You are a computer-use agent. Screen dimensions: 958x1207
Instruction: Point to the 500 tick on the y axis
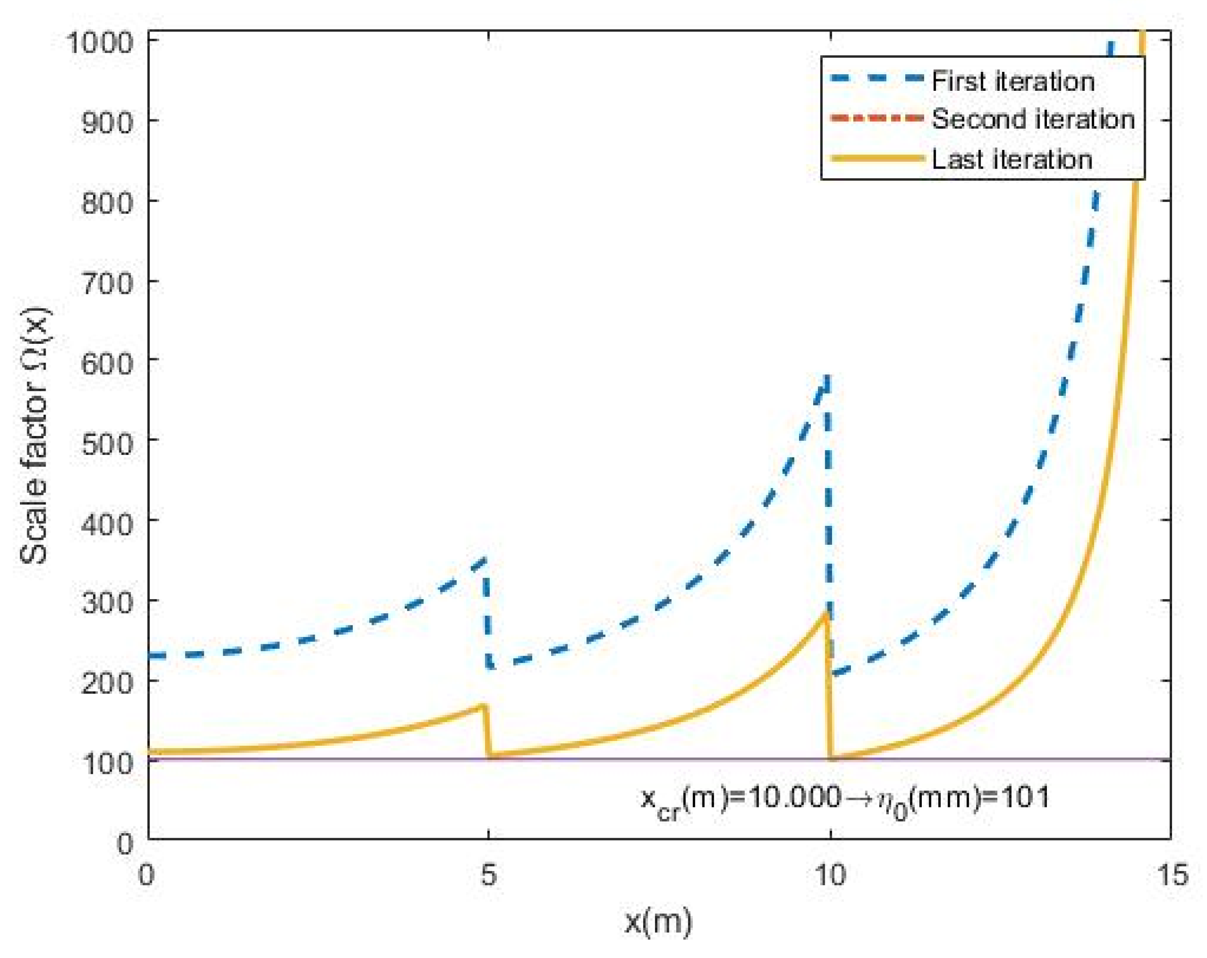(108, 444)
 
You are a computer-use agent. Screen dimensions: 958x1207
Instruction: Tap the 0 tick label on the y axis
(125, 843)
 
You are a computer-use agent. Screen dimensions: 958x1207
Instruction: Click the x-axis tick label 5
(489, 874)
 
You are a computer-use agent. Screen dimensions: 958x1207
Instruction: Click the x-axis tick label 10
(829, 874)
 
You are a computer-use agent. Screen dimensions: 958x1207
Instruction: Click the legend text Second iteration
(1033, 120)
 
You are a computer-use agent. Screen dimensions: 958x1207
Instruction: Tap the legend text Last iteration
(1011, 160)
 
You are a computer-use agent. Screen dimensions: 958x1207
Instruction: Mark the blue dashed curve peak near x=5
(485, 558)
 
